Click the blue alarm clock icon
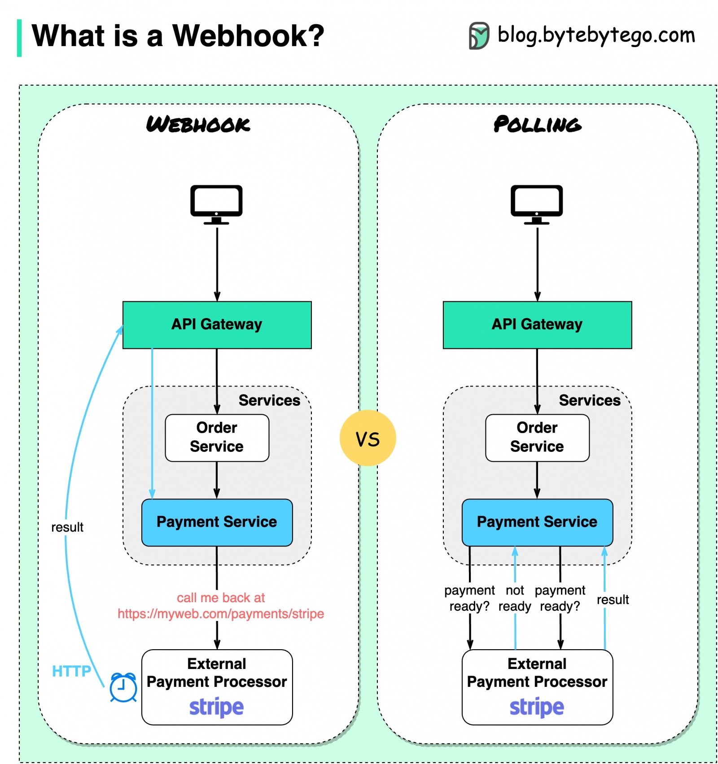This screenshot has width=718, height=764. coord(123,687)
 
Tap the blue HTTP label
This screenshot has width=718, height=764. coord(71,671)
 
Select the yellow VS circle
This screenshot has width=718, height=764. coord(368,438)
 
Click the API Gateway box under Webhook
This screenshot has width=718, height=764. coord(217,325)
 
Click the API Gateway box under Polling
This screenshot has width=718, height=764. coord(537,325)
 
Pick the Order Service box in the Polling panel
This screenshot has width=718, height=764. coord(537,438)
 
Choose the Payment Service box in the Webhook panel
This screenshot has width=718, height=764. coord(217,522)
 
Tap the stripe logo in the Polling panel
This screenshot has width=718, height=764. coord(537,707)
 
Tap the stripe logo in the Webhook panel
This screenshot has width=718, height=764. coord(216,707)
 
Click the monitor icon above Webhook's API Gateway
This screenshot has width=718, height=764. coord(216,204)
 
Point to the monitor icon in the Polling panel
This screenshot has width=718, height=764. coord(537,204)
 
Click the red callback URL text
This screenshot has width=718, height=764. coord(220,613)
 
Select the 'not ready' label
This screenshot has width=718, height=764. coord(515,598)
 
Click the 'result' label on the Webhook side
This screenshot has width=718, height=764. coord(67,527)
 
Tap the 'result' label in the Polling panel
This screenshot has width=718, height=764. coord(613,599)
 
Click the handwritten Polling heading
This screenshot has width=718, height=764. coord(537,124)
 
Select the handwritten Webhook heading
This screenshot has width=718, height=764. coord(198,124)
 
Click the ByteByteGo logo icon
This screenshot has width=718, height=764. coord(479,35)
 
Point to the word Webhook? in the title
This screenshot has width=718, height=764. coord(248,36)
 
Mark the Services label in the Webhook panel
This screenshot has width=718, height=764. coord(269,400)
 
